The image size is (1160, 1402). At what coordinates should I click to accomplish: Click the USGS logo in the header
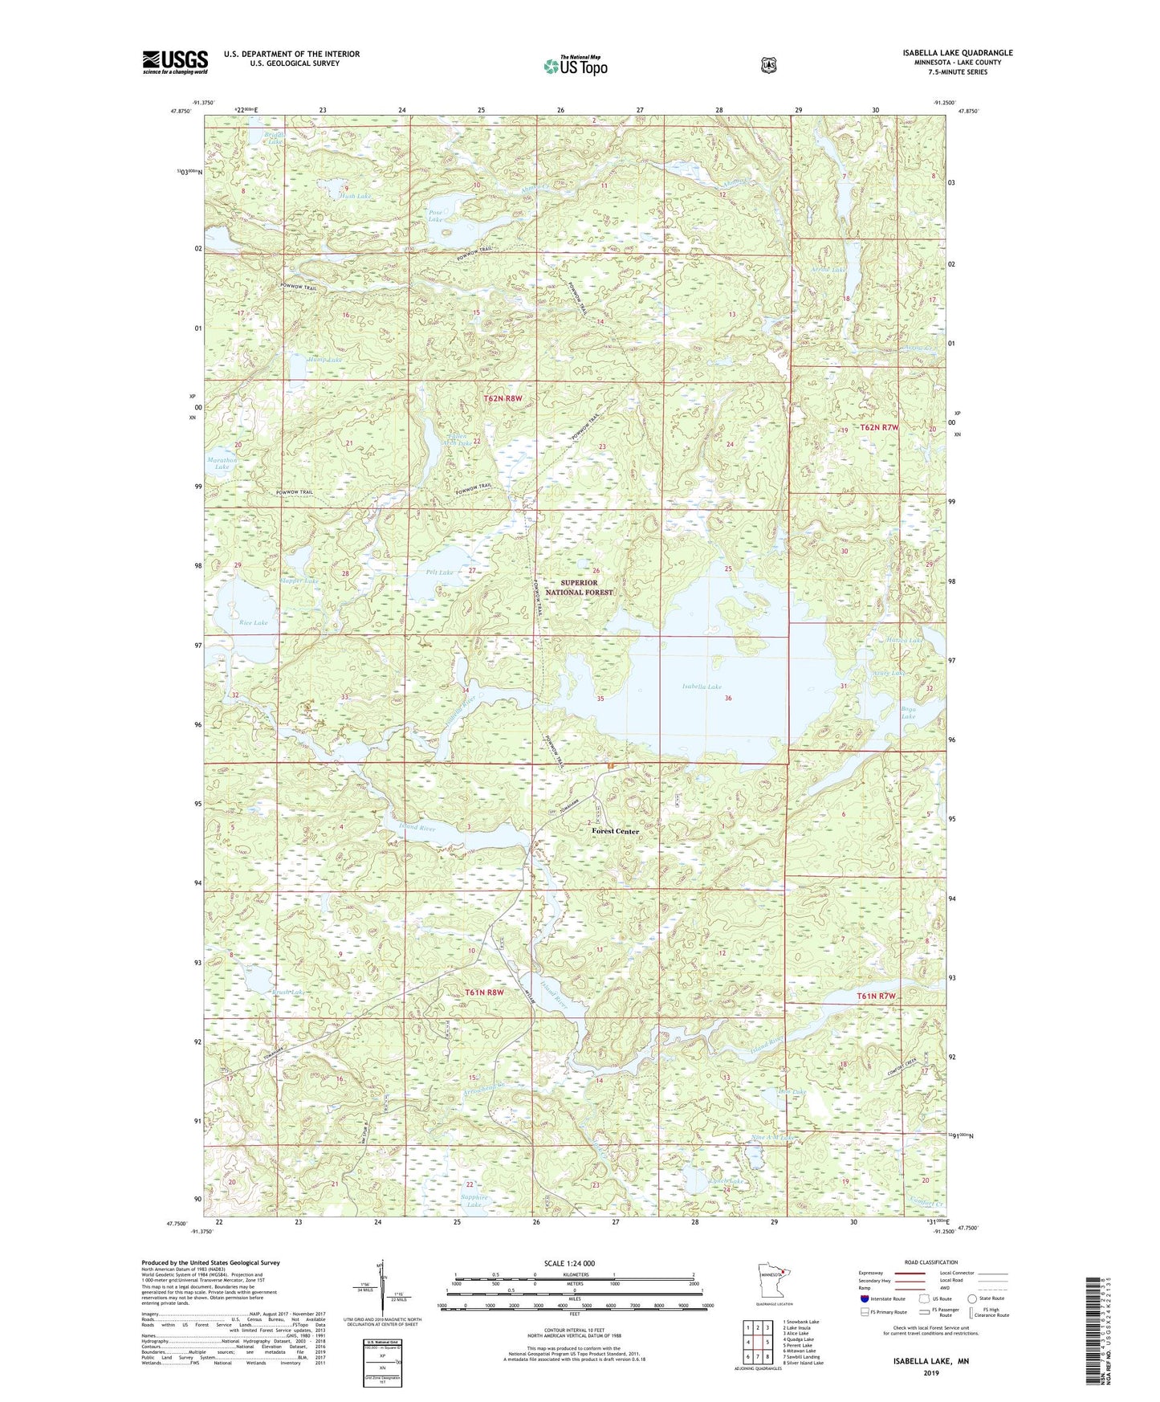pyautogui.click(x=175, y=62)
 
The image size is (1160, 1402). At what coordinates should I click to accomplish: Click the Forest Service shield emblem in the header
pyautogui.click(x=768, y=64)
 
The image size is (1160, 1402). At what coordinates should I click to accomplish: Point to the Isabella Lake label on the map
pyautogui.click(x=702, y=687)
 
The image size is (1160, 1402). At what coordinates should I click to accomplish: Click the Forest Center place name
pyautogui.click(x=616, y=831)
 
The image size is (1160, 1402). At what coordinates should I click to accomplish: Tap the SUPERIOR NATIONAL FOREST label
pyautogui.click(x=579, y=587)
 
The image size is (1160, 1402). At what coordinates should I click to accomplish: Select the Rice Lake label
pyautogui.click(x=254, y=622)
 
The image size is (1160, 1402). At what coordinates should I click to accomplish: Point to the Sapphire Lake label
pyautogui.click(x=474, y=1201)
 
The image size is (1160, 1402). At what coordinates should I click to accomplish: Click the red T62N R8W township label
pyautogui.click(x=503, y=398)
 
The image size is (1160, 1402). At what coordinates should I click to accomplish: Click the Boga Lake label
pyautogui.click(x=908, y=711)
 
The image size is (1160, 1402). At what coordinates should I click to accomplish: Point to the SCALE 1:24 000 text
pyautogui.click(x=569, y=1263)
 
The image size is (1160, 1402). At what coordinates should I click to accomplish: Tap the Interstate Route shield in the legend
pyautogui.click(x=864, y=1298)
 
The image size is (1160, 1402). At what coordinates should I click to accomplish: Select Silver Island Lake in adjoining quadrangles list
pyautogui.click(x=803, y=1363)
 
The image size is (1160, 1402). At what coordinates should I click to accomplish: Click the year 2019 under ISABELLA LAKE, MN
pyautogui.click(x=930, y=1372)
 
